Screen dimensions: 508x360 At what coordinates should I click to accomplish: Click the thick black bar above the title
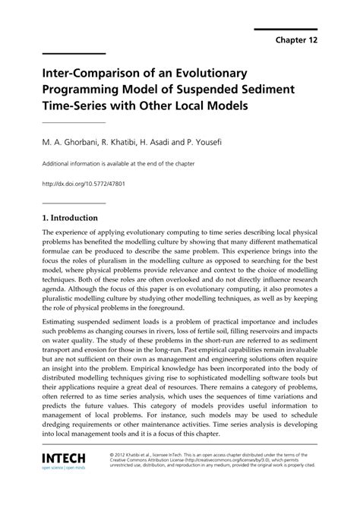click(73, 53)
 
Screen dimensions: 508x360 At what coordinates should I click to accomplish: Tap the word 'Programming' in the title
click(82, 92)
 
